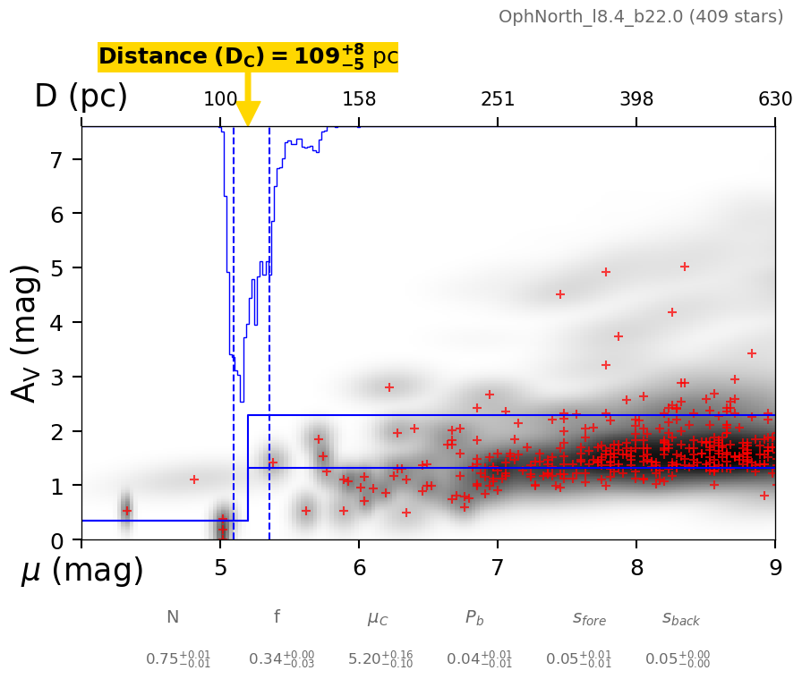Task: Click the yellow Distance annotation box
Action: [x=248, y=56]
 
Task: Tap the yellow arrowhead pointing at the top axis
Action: [x=248, y=114]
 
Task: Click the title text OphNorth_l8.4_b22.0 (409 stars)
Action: [x=640, y=17]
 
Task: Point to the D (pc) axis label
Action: [x=81, y=97]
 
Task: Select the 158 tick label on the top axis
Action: [x=359, y=99]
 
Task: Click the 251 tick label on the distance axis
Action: [x=498, y=99]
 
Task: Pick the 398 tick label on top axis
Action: [x=636, y=99]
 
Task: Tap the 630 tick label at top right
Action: [x=775, y=99]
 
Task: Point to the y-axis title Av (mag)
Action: [x=27, y=333]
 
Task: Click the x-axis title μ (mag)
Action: [x=82, y=571]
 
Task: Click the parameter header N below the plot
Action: [x=173, y=617]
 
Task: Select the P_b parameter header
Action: [x=475, y=617]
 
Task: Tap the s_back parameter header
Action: [x=681, y=618]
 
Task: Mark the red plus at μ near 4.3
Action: [x=126, y=511]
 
